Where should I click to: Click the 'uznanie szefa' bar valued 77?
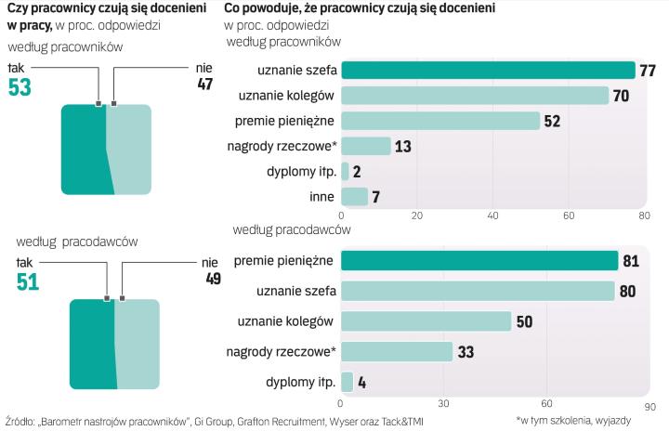point(488,71)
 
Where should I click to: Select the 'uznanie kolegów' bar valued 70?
point(475,96)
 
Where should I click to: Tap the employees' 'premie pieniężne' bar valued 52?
point(440,121)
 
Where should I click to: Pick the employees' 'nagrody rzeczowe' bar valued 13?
point(366,146)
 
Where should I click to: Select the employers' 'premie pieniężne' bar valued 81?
point(479,261)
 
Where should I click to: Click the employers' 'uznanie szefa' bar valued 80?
point(478,291)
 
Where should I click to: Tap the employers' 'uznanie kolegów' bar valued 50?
point(426,321)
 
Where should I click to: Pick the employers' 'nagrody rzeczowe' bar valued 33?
point(397,351)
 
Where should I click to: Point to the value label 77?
point(649,71)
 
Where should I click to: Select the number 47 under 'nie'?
point(204,85)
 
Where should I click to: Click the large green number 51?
point(28,281)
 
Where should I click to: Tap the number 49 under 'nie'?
point(212,279)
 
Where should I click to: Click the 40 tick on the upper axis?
point(493,215)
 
